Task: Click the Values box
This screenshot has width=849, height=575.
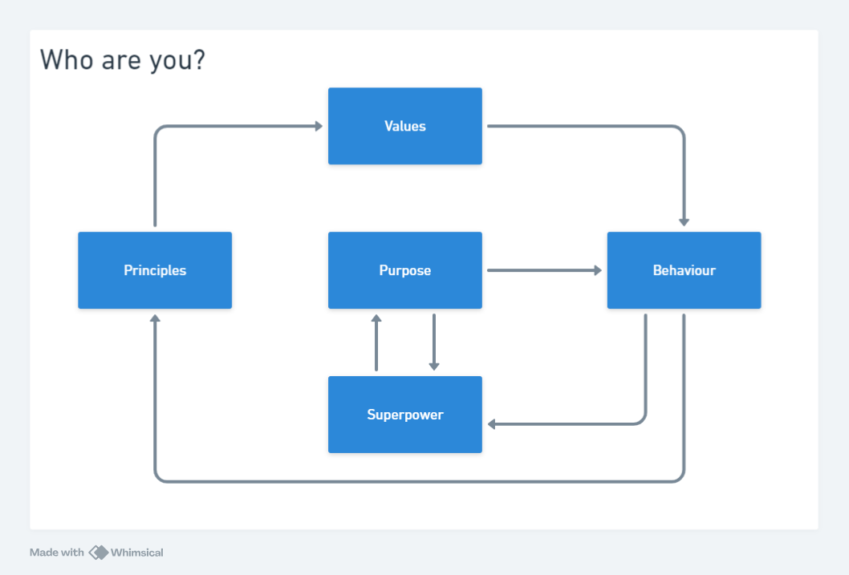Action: pyautogui.click(x=405, y=126)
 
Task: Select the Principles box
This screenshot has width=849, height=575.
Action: pyautogui.click(x=155, y=270)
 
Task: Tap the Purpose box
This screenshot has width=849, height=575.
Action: pyautogui.click(x=405, y=270)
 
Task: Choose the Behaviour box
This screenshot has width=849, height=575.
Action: pyautogui.click(x=684, y=270)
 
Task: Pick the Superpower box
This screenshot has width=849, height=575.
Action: pyautogui.click(x=405, y=415)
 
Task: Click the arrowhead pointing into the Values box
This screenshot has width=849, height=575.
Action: pyautogui.click(x=319, y=126)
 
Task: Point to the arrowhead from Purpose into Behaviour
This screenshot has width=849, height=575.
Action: pyautogui.click(x=598, y=270)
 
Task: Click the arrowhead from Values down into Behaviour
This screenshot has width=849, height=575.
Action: pyautogui.click(x=684, y=222)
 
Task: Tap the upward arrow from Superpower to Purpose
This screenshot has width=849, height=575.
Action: pyautogui.click(x=376, y=342)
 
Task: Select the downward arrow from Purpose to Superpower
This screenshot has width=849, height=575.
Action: pyautogui.click(x=433, y=342)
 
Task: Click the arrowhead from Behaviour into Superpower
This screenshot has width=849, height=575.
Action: pyautogui.click(x=492, y=424)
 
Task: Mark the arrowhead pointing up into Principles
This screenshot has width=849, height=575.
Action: pyautogui.click(x=155, y=318)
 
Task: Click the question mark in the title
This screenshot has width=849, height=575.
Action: pyautogui.click(x=199, y=59)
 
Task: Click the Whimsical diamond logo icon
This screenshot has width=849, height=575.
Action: pyautogui.click(x=99, y=553)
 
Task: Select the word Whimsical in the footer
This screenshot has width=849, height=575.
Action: pyautogui.click(x=137, y=553)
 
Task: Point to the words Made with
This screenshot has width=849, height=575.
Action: pyautogui.click(x=57, y=553)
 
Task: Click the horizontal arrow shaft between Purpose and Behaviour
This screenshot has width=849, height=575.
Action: pyautogui.click(x=542, y=270)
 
